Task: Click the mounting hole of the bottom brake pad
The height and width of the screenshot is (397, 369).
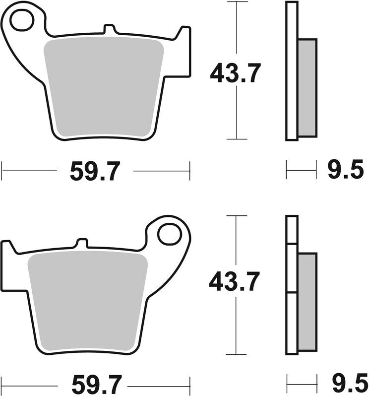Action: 170,234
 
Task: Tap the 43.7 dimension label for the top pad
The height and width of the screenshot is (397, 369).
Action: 235,74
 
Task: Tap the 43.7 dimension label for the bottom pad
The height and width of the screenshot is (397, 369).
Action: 234,282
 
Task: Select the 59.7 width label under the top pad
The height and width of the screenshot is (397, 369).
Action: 95,172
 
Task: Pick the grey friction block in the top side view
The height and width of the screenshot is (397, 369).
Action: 307,87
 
